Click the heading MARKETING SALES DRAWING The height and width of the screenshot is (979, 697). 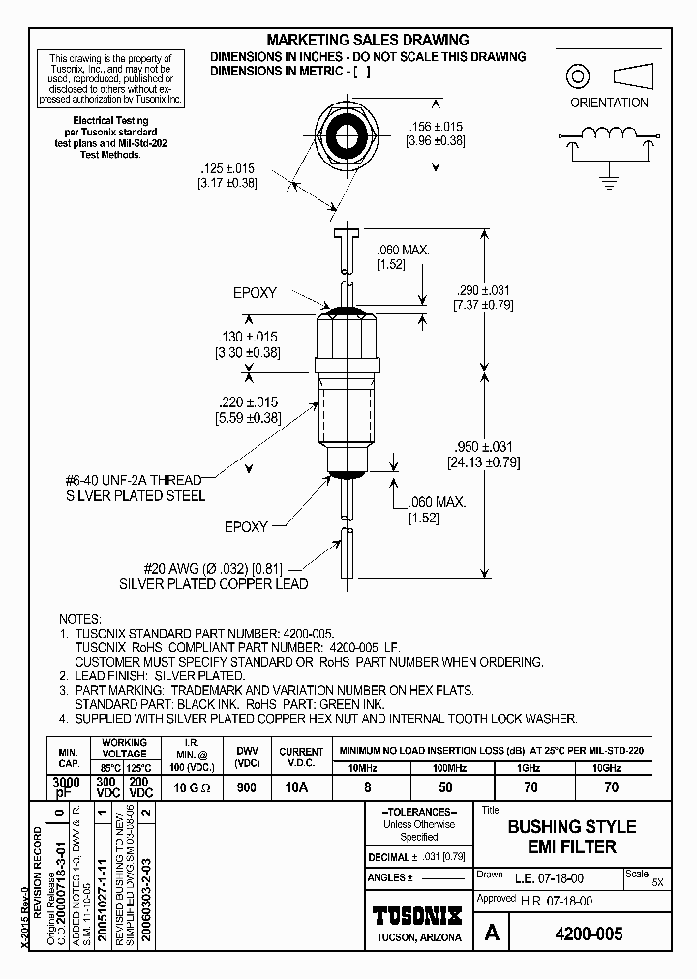pyautogui.click(x=367, y=40)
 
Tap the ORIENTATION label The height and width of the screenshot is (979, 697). pyautogui.click(x=608, y=103)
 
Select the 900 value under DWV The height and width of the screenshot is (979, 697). pyautogui.click(x=246, y=787)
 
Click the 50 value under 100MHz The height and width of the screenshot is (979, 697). pyautogui.click(x=446, y=787)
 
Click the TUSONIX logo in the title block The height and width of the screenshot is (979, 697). pyautogui.click(x=418, y=915)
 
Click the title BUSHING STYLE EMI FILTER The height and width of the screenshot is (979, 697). pyautogui.click(x=572, y=837)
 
